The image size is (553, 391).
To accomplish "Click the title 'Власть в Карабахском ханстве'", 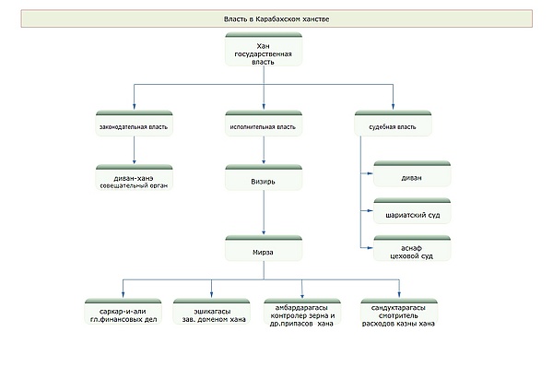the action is (x=276, y=19).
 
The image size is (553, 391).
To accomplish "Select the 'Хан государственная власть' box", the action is (x=264, y=50).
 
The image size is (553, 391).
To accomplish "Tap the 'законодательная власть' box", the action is (x=134, y=124).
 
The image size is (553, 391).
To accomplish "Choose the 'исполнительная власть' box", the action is (x=264, y=124).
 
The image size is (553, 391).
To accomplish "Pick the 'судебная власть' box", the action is (x=393, y=124).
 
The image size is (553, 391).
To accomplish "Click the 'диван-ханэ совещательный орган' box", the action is (x=134, y=177).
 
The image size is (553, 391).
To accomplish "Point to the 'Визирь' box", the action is (x=264, y=177).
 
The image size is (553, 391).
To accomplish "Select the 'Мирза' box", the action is (x=264, y=248).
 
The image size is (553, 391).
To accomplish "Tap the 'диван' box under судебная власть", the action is (x=412, y=174).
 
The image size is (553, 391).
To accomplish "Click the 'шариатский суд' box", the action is (x=412, y=211).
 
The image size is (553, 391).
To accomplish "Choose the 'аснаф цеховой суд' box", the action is (x=412, y=248).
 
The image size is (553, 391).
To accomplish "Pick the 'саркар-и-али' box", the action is (x=124, y=312).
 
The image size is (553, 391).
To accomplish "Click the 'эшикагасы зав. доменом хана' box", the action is (x=212, y=312).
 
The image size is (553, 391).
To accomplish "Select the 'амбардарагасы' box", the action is (x=302, y=313).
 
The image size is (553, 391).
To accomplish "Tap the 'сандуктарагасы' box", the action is (x=399, y=313).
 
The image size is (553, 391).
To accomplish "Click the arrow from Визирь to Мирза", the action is (x=264, y=213).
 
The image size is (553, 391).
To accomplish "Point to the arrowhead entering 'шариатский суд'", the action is (x=370, y=210).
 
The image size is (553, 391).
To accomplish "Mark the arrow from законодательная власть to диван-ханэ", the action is (x=134, y=150).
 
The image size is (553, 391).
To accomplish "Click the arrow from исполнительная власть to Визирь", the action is (x=264, y=150).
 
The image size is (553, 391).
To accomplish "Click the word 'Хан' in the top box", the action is (x=263, y=46).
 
